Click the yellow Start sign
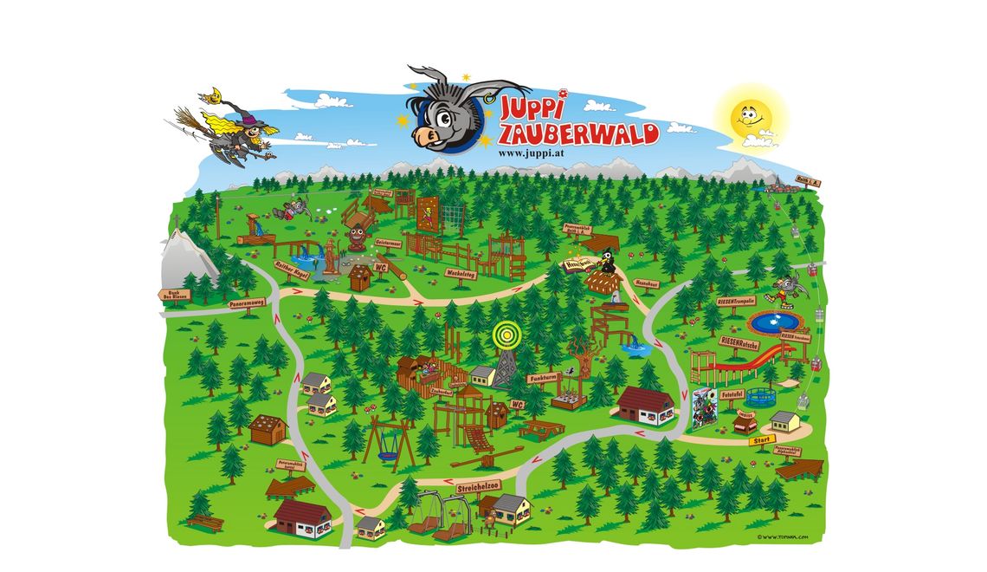(x=762, y=440)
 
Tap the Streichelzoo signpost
(x=480, y=489)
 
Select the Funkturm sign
(x=544, y=378)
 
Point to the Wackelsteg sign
(x=461, y=273)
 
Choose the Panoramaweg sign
(x=246, y=304)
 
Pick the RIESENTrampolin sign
(x=739, y=301)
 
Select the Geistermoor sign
(x=388, y=244)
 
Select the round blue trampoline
(x=775, y=323)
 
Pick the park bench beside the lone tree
(x=204, y=523)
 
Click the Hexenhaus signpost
(x=646, y=283)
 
